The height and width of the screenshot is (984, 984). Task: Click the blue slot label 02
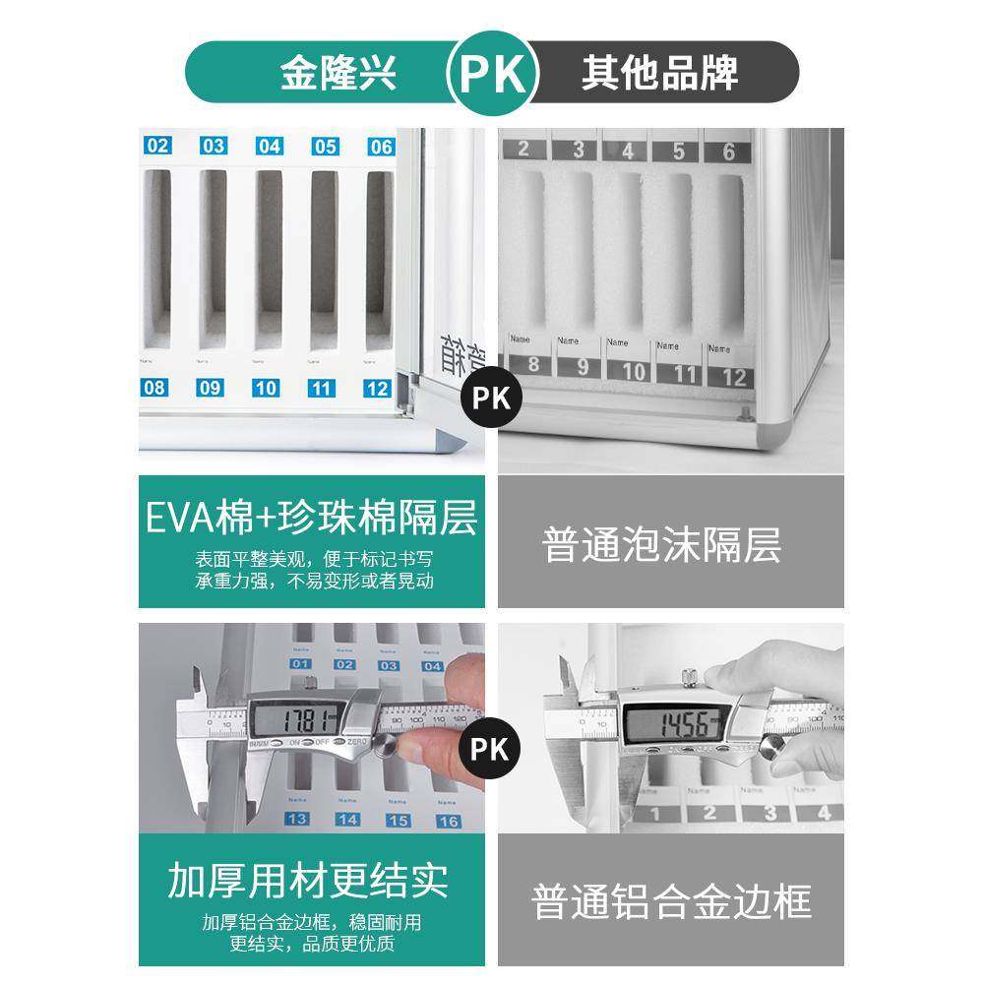coord(157,147)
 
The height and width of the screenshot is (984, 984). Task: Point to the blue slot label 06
coord(380,147)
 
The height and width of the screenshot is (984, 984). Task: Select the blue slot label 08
coord(154,388)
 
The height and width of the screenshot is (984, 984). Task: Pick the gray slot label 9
coord(581,371)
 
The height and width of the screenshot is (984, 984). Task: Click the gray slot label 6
coord(728,151)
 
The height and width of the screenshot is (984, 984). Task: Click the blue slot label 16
coord(448,820)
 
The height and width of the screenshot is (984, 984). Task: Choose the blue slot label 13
coord(294,820)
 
